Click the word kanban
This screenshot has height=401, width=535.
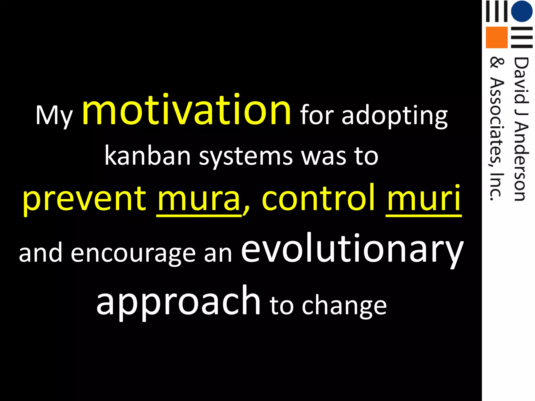[148, 156]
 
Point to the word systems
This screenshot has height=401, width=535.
[246, 157]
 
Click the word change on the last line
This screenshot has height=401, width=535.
[344, 305]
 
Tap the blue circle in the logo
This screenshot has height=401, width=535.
[522, 11]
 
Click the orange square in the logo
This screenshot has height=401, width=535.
[497, 37]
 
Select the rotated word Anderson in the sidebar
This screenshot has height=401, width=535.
[521, 162]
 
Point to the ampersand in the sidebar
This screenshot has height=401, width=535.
[496, 63]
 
